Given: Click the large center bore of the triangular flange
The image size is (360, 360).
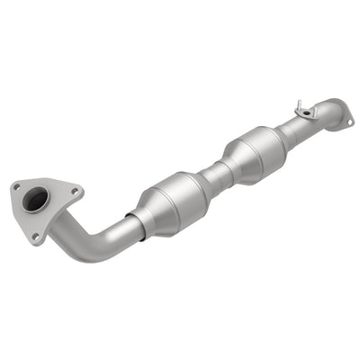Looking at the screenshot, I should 36,201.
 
